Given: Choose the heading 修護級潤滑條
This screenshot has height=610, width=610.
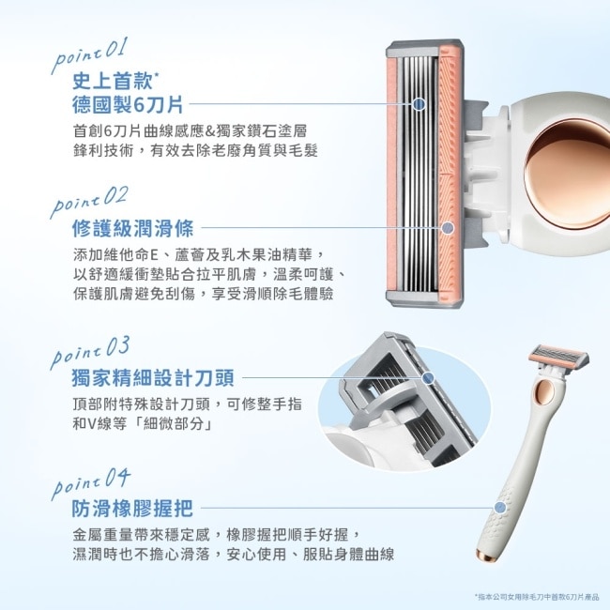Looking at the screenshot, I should click(x=131, y=227).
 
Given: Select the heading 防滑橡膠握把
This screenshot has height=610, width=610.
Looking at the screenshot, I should click(x=131, y=509).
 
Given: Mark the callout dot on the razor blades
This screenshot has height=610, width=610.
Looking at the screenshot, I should click(x=419, y=104).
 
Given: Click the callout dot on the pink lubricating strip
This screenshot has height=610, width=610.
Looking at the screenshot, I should click(x=448, y=227).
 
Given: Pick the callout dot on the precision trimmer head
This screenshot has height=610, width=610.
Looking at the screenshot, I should click(x=429, y=378).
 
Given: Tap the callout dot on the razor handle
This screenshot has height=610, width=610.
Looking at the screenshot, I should click(x=500, y=509).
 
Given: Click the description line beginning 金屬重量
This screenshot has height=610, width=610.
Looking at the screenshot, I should click(x=216, y=534).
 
